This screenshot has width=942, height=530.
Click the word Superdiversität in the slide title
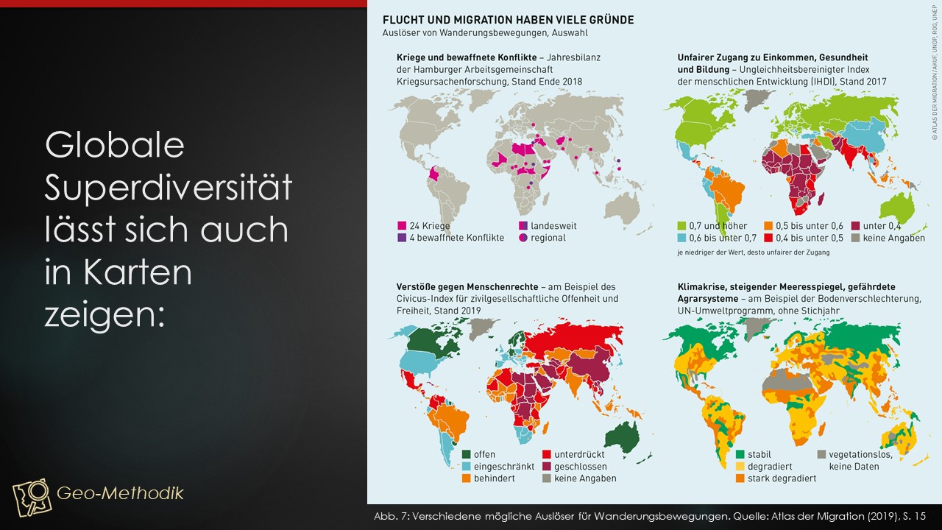tap(169, 188)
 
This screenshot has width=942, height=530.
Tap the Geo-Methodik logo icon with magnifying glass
tap(32, 497)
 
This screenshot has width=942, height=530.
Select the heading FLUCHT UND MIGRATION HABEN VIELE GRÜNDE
tap(508, 20)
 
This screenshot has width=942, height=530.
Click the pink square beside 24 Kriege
tap(402, 226)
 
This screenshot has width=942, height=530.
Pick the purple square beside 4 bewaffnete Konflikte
tap(402, 238)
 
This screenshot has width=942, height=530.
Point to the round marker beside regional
tap(523, 238)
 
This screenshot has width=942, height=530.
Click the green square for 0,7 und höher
tap(681, 226)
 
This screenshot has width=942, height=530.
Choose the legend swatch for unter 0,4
tap(855, 226)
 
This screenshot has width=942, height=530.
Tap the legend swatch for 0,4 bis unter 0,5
tap(768, 238)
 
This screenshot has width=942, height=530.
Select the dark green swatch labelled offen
tap(466, 454)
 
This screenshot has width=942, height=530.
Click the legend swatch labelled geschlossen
tap(546, 467)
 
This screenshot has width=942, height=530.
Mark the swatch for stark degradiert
tap(740, 478)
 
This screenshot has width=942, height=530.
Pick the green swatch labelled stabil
tap(740, 454)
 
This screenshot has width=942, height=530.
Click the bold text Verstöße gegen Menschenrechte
tap(467, 287)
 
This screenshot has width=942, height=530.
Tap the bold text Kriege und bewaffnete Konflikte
tap(467, 57)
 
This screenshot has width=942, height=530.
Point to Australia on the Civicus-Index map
tap(623, 437)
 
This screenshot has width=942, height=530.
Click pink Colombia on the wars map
tap(433, 173)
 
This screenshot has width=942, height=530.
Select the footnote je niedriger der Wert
tap(753, 252)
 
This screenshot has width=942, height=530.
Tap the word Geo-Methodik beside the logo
tap(120, 493)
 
